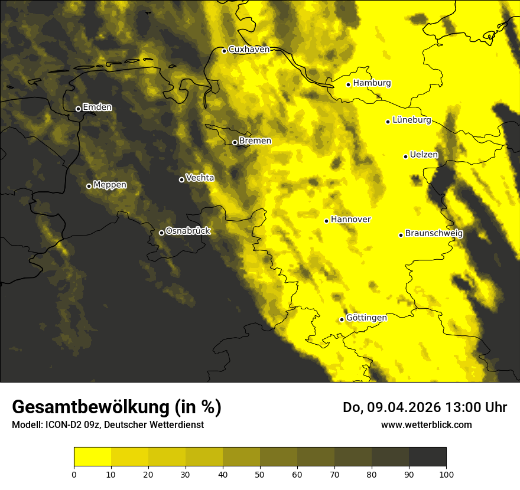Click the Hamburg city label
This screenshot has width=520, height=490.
pyautogui.click(x=372, y=83)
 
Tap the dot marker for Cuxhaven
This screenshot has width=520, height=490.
pyautogui.click(x=224, y=51)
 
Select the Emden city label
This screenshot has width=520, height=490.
pyautogui.click(x=97, y=107)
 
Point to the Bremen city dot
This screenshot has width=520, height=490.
pyautogui.click(x=235, y=142)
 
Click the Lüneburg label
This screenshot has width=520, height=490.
pyautogui.click(x=411, y=120)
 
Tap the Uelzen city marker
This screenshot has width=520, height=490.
pyautogui.click(x=405, y=156)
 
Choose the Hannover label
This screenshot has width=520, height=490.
pyautogui.click(x=350, y=220)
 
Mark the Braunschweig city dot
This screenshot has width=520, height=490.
pyautogui.click(x=401, y=235)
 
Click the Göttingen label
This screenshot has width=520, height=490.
pyautogui.click(x=366, y=318)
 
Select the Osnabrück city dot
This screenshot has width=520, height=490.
pyautogui.click(x=161, y=233)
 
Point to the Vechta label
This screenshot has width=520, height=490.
pyautogui.click(x=200, y=178)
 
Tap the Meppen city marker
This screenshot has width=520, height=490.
pyautogui.click(x=89, y=186)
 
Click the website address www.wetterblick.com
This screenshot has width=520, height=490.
pyautogui.click(x=426, y=425)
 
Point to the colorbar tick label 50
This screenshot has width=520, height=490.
pyautogui.click(x=260, y=473)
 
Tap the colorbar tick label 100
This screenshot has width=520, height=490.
pyautogui.click(x=446, y=473)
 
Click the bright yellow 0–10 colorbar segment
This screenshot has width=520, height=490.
pyautogui.click(x=92, y=457)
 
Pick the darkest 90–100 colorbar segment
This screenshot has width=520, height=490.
pyautogui.click(x=427, y=457)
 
